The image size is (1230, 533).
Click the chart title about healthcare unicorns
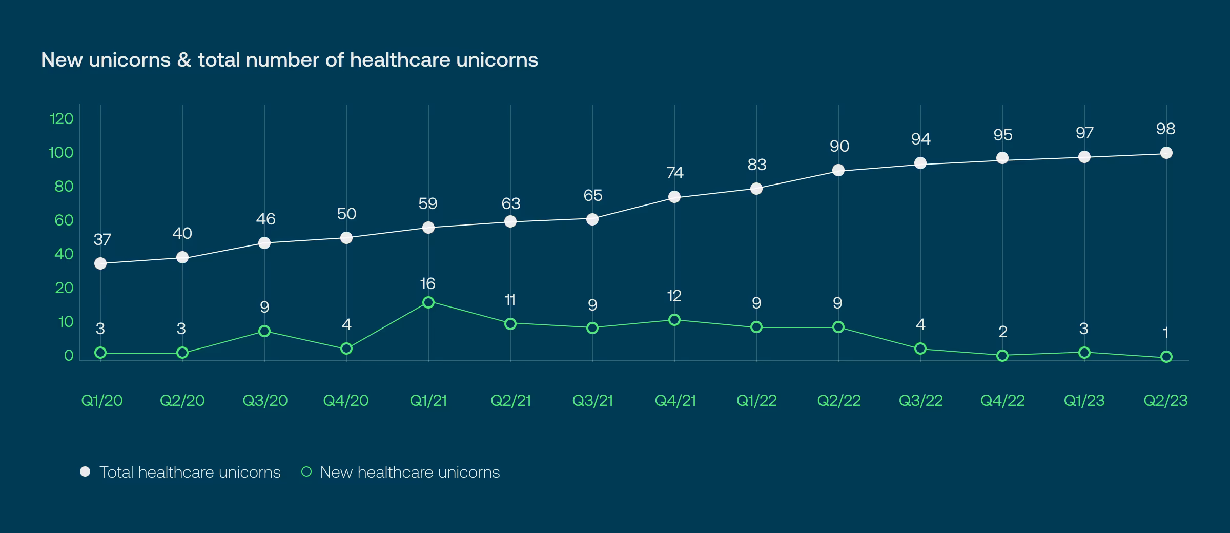tap(290, 60)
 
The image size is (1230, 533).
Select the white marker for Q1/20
tap(100, 263)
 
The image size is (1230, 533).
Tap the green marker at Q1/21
tap(428, 302)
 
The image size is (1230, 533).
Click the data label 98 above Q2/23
tap(1165, 129)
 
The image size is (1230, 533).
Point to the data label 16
tap(427, 283)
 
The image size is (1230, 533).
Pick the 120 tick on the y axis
tap(61, 119)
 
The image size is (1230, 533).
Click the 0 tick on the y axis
tap(69, 356)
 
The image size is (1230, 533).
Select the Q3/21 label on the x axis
tap(592, 400)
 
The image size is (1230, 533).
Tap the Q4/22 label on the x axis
tap(1002, 400)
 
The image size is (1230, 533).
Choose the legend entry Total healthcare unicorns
tap(190, 472)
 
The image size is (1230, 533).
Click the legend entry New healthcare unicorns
tap(409, 472)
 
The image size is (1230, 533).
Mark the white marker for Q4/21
tap(674, 197)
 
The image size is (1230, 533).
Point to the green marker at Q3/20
tap(264, 331)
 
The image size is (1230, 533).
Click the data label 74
tap(674, 173)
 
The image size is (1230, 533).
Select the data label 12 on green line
tap(674, 296)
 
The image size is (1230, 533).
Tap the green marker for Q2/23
tap(1166, 357)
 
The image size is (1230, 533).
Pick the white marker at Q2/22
tap(838, 170)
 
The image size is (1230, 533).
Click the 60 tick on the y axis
tap(64, 220)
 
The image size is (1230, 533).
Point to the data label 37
tap(102, 239)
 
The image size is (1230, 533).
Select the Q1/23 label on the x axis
tap(1084, 400)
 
